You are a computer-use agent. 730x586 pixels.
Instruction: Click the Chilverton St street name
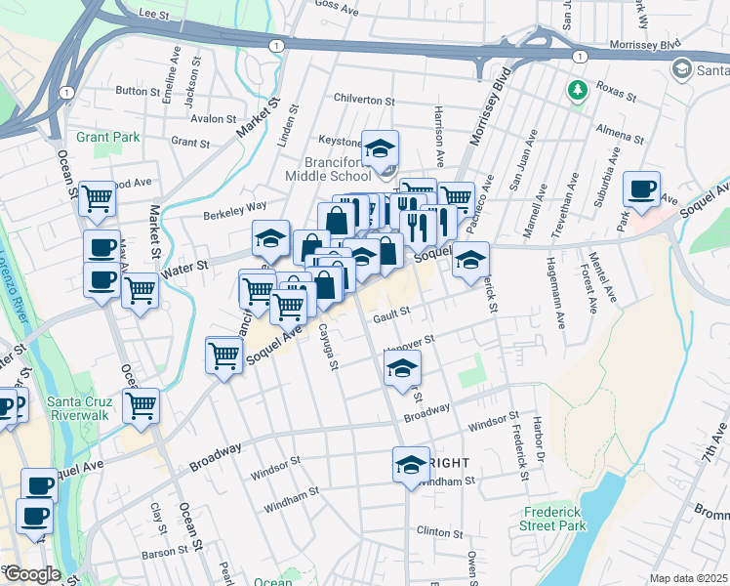pyautogui.click(x=363, y=101)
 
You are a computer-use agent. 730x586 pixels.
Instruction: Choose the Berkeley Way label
pyautogui.click(x=234, y=209)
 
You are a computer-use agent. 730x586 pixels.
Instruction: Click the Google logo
pyautogui.click(x=31, y=574)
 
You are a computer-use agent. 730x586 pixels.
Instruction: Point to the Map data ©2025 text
pyautogui.click(x=688, y=578)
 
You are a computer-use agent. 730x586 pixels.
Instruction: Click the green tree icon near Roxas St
pyautogui.click(x=577, y=90)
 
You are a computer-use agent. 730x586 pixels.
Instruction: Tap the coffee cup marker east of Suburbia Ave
pyautogui.click(x=641, y=189)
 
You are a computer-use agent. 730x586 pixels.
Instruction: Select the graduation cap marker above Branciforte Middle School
pyautogui.click(x=380, y=149)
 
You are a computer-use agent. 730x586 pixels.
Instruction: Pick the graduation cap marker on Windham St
pyautogui.click(x=411, y=465)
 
